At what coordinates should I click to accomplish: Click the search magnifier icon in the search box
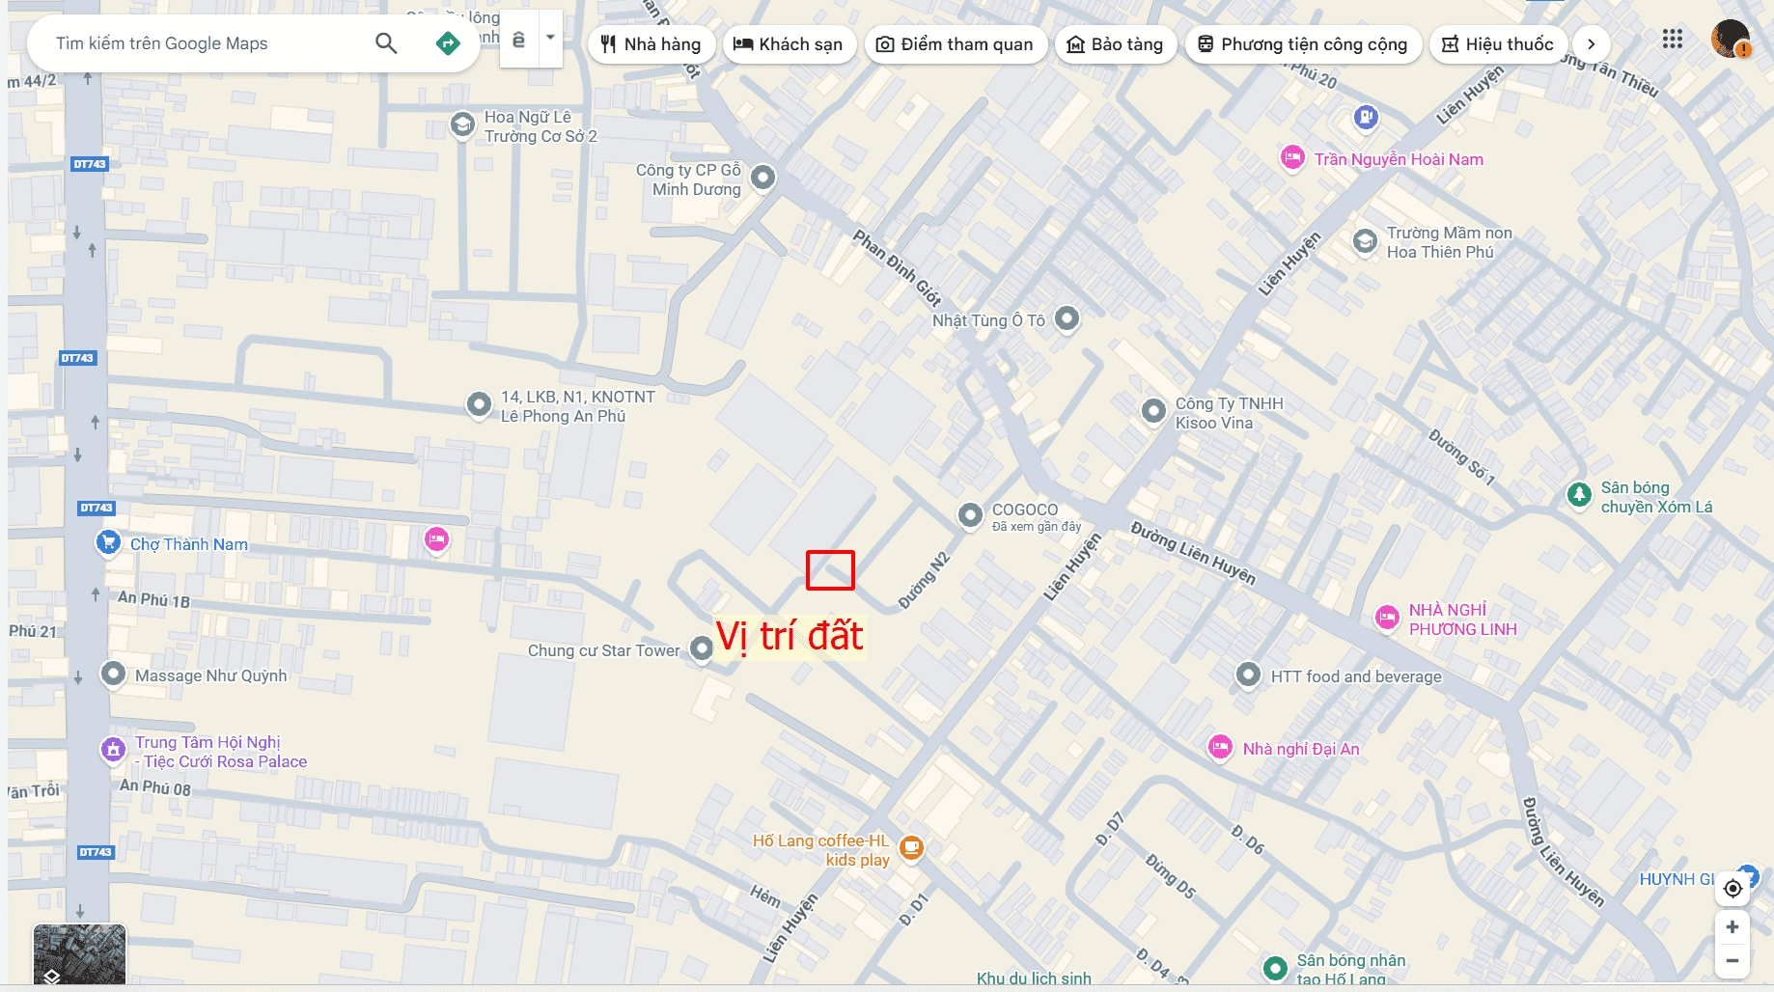point(386,43)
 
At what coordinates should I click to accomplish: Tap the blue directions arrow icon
point(448,43)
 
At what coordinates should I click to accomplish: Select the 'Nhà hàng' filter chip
point(651,44)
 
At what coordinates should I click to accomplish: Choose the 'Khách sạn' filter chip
point(789,44)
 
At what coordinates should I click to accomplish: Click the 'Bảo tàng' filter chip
point(1115,44)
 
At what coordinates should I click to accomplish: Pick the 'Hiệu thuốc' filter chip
point(1497,44)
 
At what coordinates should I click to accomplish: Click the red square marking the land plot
point(830,570)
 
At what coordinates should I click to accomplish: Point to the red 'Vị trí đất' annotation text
point(790,637)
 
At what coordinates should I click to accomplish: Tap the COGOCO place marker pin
point(970,515)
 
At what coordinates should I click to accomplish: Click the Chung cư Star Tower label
point(603,650)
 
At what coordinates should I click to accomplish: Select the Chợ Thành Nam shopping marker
point(108,542)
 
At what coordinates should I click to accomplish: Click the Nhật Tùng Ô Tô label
point(988,320)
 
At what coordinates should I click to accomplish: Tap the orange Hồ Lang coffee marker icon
point(911,848)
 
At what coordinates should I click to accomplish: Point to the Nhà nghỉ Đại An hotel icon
point(1221,747)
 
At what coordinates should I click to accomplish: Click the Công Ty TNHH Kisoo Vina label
point(1229,413)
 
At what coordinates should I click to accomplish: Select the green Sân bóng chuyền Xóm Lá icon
point(1579,495)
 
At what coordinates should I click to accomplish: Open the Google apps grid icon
point(1673,40)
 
